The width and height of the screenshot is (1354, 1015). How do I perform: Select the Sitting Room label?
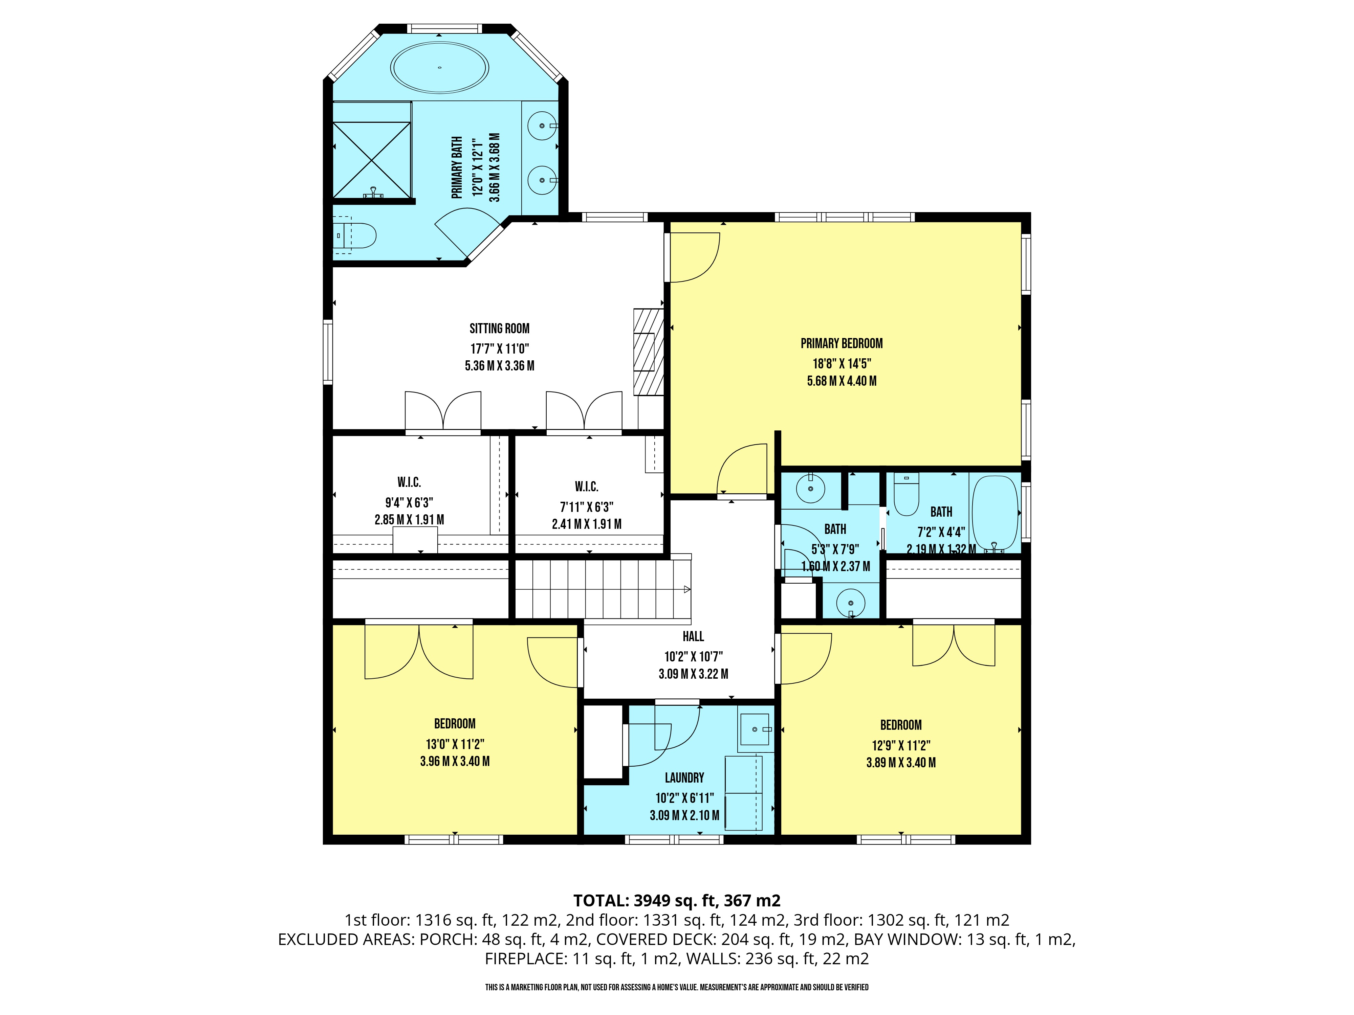(500, 329)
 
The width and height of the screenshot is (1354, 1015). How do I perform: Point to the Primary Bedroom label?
(842, 344)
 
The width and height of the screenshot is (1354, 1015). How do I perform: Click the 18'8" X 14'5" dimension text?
(842, 363)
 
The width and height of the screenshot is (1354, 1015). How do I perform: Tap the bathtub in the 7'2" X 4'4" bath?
(995, 513)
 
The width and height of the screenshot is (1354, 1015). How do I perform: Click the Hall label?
(694, 636)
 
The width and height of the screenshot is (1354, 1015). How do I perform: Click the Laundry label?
(684, 777)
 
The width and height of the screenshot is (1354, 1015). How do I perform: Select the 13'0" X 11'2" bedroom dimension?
(455, 744)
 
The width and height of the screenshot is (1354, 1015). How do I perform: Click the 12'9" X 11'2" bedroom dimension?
(901, 745)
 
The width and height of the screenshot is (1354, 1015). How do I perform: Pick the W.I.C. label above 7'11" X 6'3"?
(586, 487)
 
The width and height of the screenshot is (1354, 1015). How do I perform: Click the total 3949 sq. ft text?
(676, 901)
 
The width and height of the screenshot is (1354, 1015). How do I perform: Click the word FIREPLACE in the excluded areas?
(525, 959)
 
